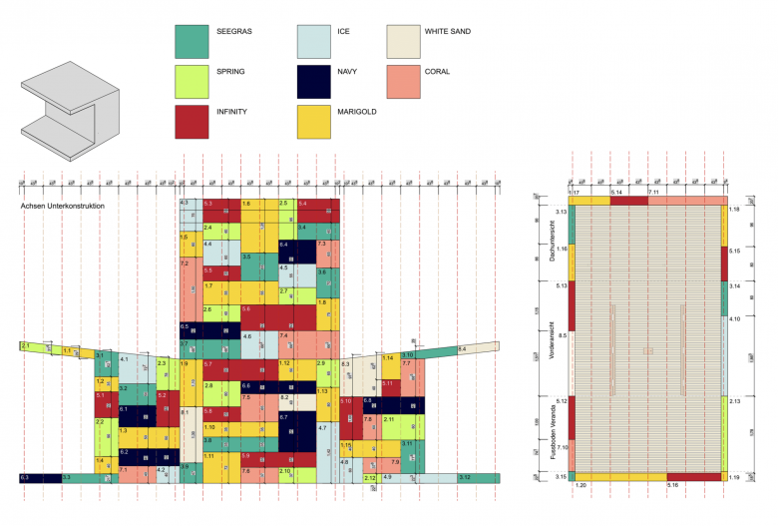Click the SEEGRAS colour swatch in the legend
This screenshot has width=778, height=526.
point(191,41)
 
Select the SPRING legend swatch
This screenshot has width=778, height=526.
point(191,81)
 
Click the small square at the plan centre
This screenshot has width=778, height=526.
point(647,350)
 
